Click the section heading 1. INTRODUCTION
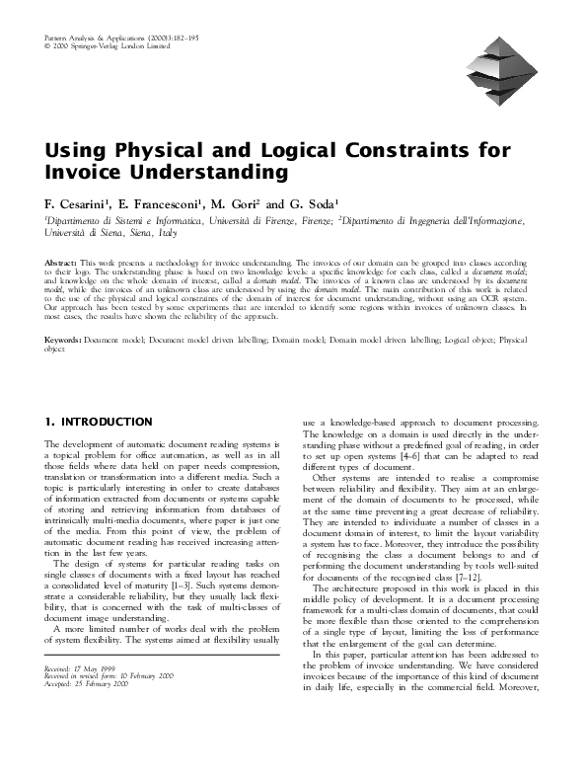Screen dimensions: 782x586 tap(99, 423)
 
